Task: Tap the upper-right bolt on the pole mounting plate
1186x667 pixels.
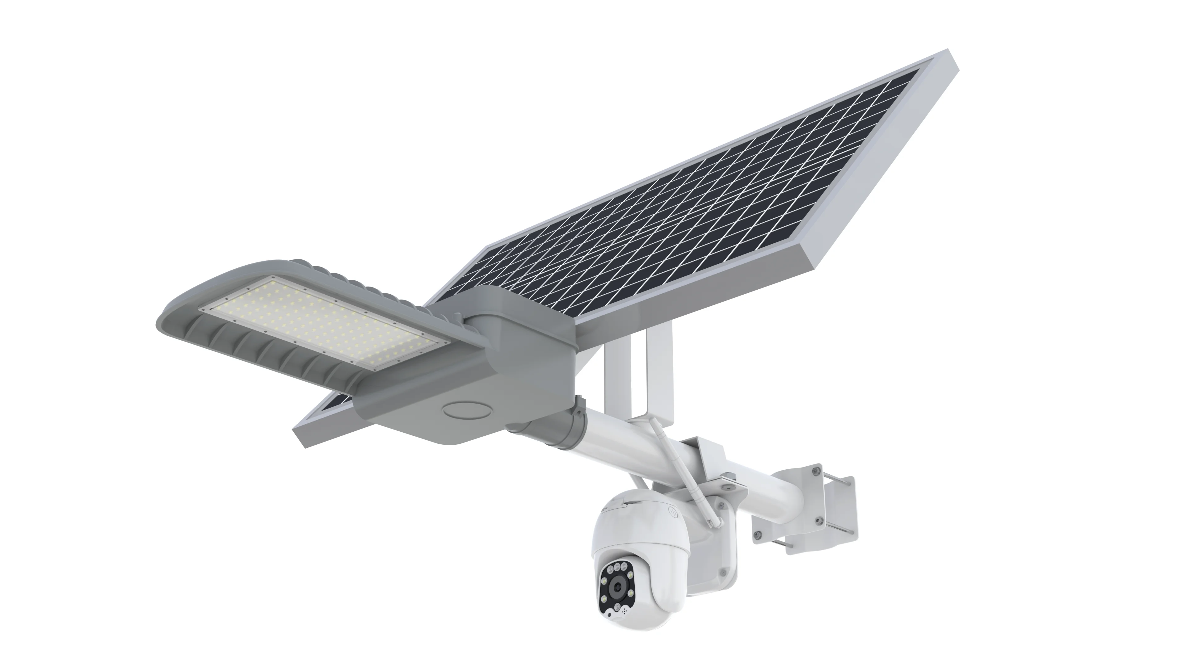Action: tap(816, 471)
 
